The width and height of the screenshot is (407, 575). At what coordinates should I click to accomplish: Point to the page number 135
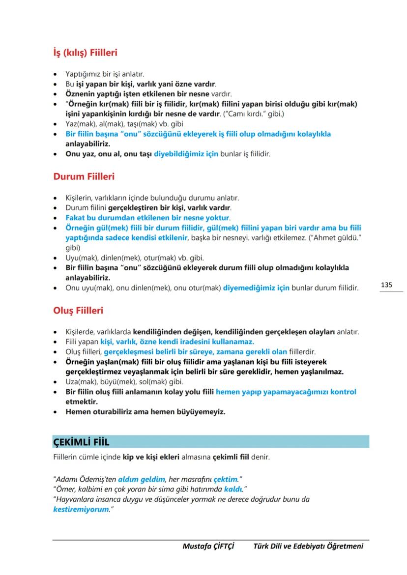click(x=386, y=285)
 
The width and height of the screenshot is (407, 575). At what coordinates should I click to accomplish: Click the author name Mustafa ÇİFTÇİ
click(x=208, y=546)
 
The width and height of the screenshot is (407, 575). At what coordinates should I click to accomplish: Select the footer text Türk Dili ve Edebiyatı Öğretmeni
click(x=308, y=546)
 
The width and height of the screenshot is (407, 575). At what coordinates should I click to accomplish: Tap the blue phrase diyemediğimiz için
click(x=256, y=287)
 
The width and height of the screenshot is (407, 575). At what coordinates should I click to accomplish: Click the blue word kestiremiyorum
click(x=80, y=509)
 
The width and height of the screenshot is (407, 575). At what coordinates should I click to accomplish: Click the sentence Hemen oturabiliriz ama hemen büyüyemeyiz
click(x=145, y=412)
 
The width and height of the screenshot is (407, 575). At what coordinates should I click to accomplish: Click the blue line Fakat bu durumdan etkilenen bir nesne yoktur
click(x=148, y=217)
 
